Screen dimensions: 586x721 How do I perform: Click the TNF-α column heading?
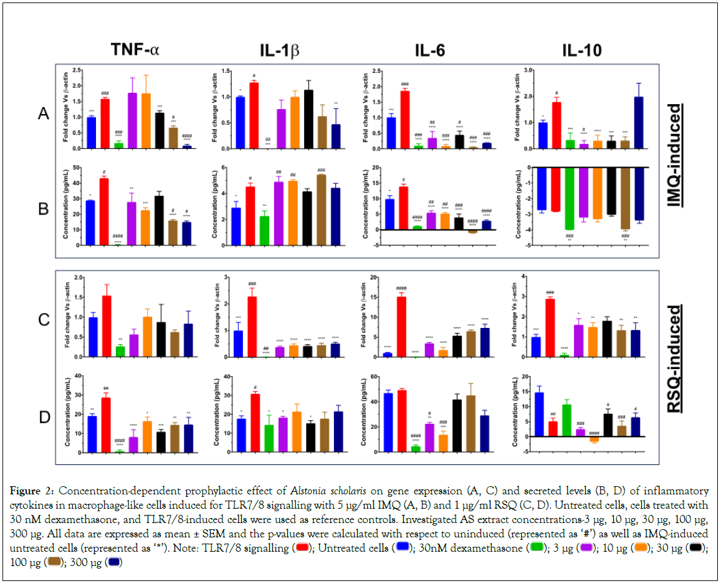tap(135, 50)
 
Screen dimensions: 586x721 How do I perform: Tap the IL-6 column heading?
tap(431, 50)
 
